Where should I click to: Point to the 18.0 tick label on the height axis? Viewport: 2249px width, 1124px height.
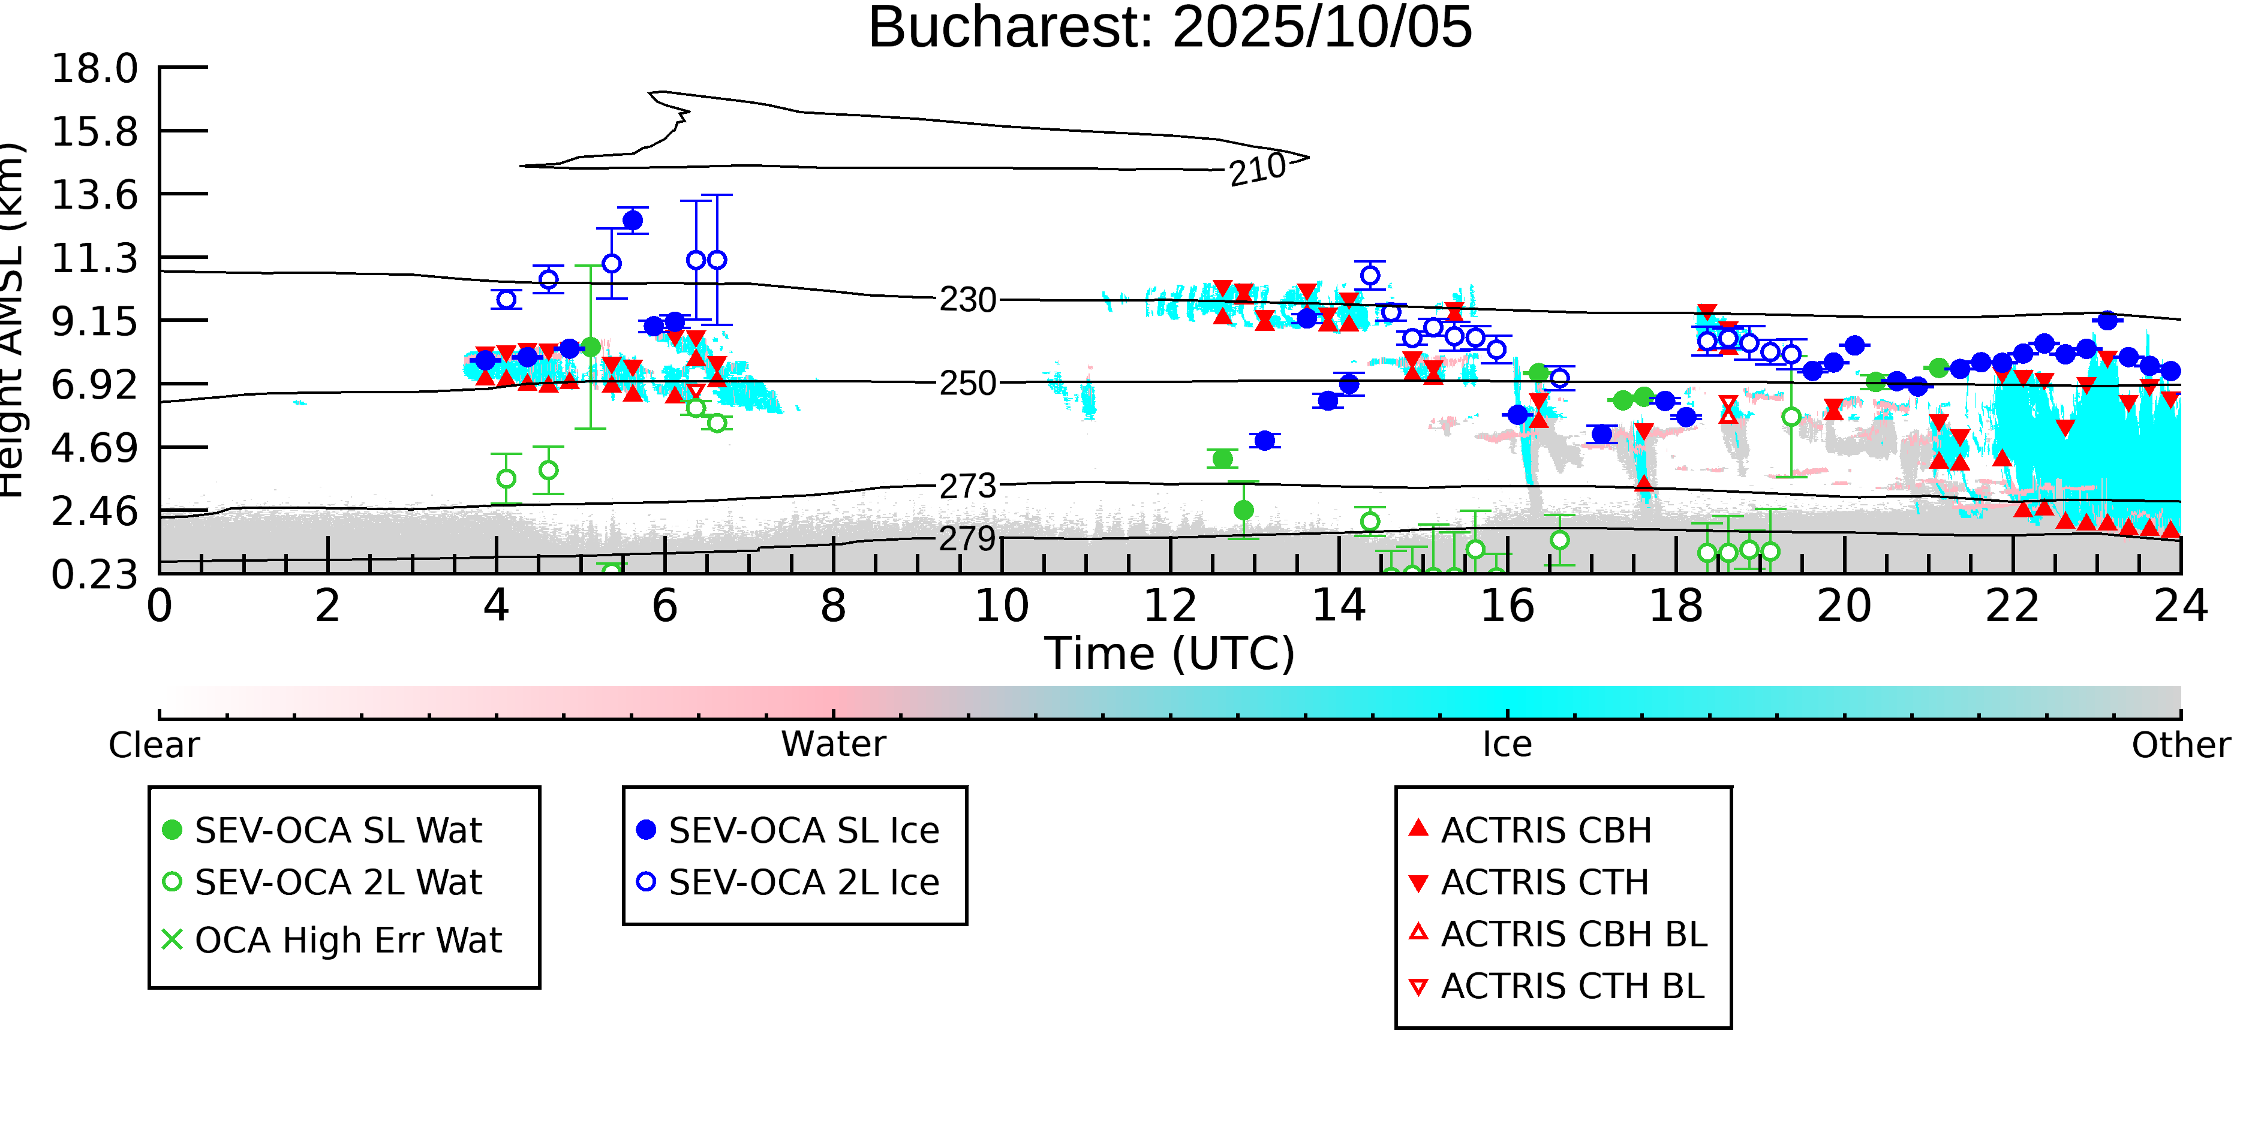pyautogui.click(x=94, y=68)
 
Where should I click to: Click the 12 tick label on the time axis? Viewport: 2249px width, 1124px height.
pyautogui.click(x=1170, y=605)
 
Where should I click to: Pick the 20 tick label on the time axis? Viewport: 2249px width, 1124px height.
pyautogui.click(x=1844, y=605)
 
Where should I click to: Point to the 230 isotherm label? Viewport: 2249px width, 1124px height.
pyautogui.click(x=967, y=300)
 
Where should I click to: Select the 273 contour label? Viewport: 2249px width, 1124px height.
pyautogui.click(x=967, y=486)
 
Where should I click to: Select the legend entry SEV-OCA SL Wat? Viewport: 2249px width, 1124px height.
pyautogui.click(x=338, y=830)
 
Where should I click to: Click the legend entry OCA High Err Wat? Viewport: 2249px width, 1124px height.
pyautogui.click(x=347, y=940)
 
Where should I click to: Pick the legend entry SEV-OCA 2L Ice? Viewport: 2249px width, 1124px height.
pyautogui.click(x=803, y=882)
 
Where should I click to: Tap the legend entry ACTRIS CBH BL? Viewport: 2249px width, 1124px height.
pyautogui.click(x=1573, y=934)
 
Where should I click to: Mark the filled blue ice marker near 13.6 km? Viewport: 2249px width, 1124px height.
pyautogui.click(x=633, y=220)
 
